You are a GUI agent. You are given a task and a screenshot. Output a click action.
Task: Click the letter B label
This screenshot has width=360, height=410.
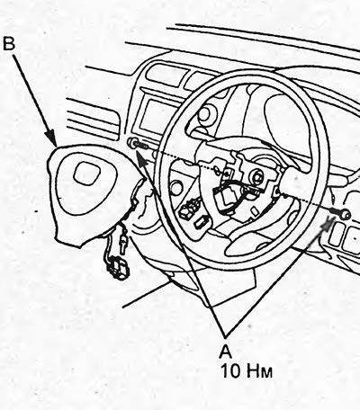click(x=9, y=43)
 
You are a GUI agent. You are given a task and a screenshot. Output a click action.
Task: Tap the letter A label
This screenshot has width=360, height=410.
click(x=225, y=351)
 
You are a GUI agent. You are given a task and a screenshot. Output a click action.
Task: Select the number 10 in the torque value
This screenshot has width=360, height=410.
click(x=231, y=371)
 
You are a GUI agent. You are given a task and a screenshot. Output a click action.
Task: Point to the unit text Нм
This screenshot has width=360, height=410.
click(x=260, y=371)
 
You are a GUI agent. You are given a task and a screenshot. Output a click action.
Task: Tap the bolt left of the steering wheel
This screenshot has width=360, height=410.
click(x=137, y=143)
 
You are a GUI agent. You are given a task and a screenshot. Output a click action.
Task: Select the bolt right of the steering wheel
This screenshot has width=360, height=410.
click(x=341, y=212)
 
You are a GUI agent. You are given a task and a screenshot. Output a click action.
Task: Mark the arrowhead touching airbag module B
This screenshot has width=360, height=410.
click(x=51, y=138)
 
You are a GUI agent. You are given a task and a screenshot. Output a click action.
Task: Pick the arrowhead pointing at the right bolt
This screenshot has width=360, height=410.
click(x=328, y=223)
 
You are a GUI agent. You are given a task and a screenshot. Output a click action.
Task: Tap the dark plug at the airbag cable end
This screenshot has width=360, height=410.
click(x=116, y=269)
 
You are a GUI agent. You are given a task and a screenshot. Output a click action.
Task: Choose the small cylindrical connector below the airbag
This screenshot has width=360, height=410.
click(x=123, y=241)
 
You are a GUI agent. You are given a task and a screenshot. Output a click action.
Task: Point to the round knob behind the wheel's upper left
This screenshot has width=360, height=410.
click(x=206, y=114)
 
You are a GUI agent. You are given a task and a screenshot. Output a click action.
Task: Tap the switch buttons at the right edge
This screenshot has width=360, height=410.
click(x=345, y=236)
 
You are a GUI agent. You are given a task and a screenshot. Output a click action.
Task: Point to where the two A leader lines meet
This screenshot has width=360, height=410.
click(x=226, y=334)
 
